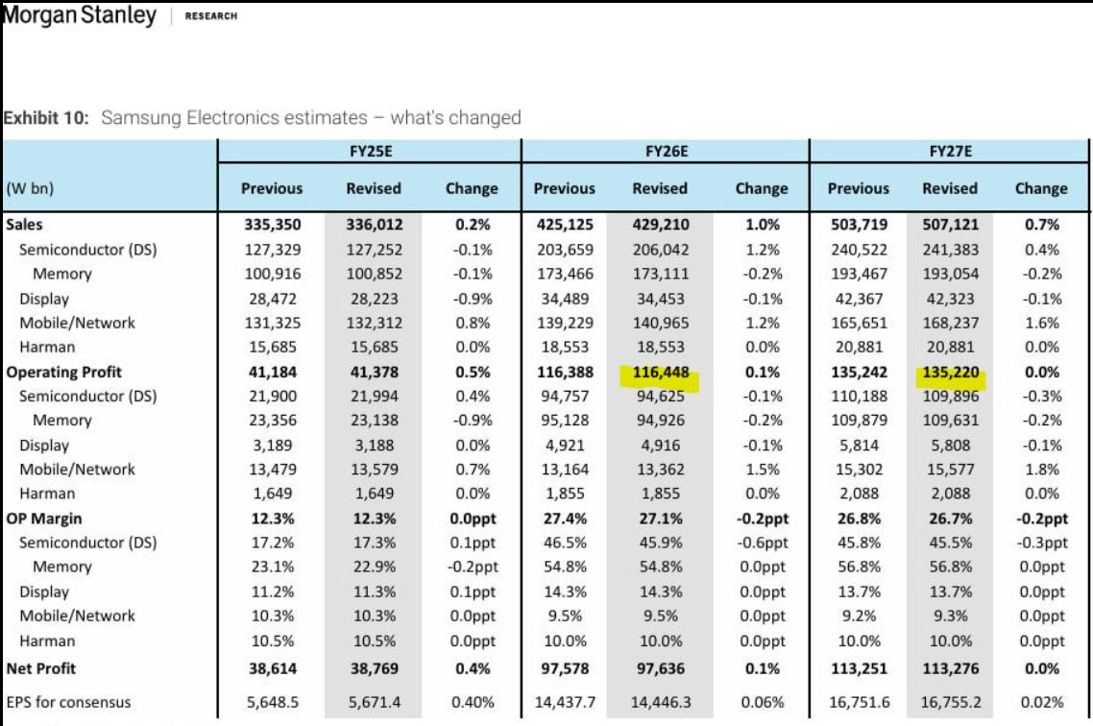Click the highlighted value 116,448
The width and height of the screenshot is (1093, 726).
(x=660, y=372)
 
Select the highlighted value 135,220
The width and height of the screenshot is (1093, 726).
(x=950, y=372)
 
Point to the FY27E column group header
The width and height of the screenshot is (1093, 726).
(x=949, y=152)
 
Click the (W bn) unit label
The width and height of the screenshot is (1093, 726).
(x=30, y=188)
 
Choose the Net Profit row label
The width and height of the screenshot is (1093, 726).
(x=40, y=667)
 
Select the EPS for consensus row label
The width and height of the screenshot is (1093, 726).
(x=68, y=702)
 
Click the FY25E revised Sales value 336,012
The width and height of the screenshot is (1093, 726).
(x=374, y=225)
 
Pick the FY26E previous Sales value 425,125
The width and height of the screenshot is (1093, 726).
(x=564, y=225)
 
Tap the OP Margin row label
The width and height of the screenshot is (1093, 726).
(x=42, y=519)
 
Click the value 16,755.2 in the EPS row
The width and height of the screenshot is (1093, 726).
(x=950, y=702)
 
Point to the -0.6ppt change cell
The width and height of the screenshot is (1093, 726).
(x=761, y=543)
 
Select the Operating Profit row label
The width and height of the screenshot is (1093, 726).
(x=63, y=372)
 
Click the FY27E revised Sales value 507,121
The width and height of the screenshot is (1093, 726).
(x=950, y=225)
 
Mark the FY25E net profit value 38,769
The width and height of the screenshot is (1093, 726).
(x=374, y=667)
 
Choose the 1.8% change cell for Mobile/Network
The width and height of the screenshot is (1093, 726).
(x=1041, y=470)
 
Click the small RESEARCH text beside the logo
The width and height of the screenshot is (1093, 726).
(x=210, y=16)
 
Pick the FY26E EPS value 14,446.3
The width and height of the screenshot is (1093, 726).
(x=660, y=702)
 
